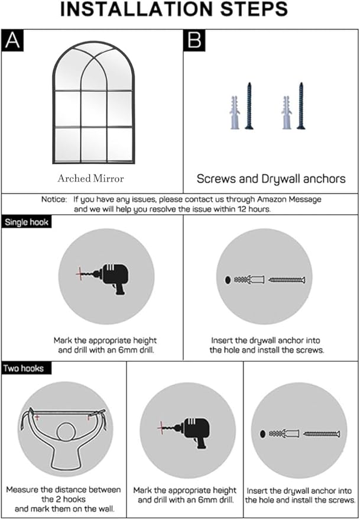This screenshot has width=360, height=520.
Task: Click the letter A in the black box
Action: point(12,41)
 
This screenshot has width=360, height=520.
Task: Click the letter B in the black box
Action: point(194,41)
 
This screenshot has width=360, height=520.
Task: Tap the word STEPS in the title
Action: point(254,9)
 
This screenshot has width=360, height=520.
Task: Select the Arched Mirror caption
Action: point(90,179)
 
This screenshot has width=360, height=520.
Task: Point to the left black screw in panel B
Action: point(249,106)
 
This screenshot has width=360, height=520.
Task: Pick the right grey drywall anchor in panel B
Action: point(287,112)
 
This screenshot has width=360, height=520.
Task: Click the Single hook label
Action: point(27,222)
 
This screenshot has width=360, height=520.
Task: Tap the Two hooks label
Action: point(24,369)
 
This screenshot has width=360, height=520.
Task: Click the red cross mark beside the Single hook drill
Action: point(80,273)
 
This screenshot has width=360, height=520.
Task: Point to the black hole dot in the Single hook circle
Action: point(228,280)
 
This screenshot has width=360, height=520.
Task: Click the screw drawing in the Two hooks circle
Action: point(322,433)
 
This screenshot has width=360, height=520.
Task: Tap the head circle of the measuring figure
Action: point(67,434)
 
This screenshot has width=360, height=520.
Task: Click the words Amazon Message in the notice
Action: point(289,199)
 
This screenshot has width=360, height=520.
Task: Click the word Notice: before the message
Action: point(54,199)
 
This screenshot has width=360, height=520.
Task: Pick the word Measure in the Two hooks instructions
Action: point(22,490)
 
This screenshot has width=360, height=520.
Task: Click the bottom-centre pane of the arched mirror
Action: point(93,145)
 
